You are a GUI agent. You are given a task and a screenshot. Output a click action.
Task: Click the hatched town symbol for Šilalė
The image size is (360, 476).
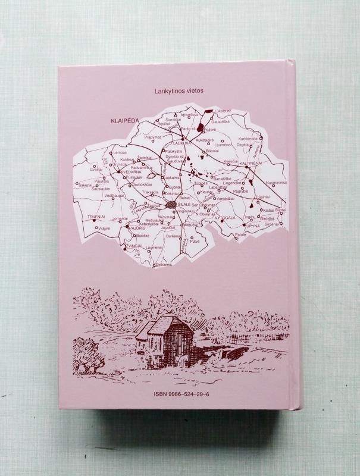coord(172,204)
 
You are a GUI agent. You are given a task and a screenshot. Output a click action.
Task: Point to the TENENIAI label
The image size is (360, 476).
coord(97,216)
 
